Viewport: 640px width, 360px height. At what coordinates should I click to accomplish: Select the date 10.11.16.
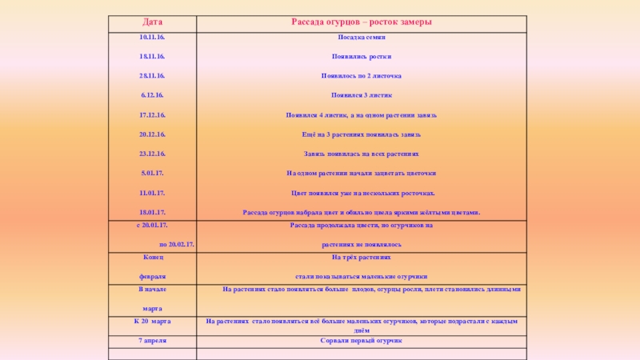(152, 38)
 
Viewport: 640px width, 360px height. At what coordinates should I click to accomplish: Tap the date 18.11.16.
(152, 57)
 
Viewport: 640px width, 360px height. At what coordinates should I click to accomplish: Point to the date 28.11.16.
(152, 75)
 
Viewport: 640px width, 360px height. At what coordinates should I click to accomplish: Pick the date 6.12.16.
(152, 95)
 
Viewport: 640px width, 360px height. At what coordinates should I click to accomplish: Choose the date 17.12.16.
(152, 115)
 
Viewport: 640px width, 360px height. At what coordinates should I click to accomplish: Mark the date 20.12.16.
(152, 134)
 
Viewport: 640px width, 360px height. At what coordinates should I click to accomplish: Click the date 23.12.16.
(152, 154)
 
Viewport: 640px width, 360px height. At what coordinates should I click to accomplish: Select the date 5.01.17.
(152, 173)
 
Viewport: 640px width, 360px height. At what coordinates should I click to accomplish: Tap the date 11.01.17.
(152, 193)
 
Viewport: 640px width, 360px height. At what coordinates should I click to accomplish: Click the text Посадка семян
(361, 38)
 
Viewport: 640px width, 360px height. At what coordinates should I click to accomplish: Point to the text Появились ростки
(361, 57)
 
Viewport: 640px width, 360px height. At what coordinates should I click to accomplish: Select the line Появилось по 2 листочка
(361, 76)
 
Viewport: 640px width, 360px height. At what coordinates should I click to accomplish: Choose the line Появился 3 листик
(361, 95)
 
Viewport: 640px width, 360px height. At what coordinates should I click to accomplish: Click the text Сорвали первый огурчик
(361, 341)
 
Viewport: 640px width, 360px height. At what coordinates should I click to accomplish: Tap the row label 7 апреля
(152, 341)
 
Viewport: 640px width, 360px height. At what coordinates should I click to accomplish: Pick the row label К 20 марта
(152, 321)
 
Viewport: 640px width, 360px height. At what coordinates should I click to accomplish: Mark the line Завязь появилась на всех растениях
(361, 154)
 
